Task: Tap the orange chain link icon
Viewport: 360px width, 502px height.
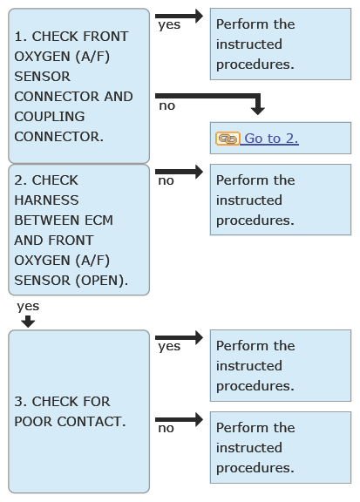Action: tap(228, 139)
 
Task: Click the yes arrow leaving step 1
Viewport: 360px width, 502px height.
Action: tap(179, 16)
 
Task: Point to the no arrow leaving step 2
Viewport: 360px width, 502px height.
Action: tap(179, 172)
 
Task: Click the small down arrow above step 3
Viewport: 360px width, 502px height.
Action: tap(28, 322)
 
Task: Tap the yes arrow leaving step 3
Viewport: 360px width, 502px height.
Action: tap(179, 337)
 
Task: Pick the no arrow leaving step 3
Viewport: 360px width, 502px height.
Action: tap(179, 419)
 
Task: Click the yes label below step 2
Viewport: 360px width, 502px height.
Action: tap(28, 307)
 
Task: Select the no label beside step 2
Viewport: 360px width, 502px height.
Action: tap(166, 181)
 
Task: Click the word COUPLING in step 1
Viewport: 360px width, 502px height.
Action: tap(50, 117)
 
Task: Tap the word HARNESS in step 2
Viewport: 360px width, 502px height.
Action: tap(46, 200)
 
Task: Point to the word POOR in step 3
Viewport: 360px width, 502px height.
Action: tap(33, 422)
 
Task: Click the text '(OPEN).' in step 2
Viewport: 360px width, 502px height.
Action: tap(102, 281)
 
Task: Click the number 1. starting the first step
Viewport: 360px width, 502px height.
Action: tap(21, 37)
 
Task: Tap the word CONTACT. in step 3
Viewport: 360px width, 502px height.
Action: tap(92, 422)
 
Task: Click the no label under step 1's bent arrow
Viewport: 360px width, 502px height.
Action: tap(166, 106)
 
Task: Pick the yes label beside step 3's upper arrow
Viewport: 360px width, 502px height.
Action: tap(169, 347)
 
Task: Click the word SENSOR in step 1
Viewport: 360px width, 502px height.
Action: tap(43, 77)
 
